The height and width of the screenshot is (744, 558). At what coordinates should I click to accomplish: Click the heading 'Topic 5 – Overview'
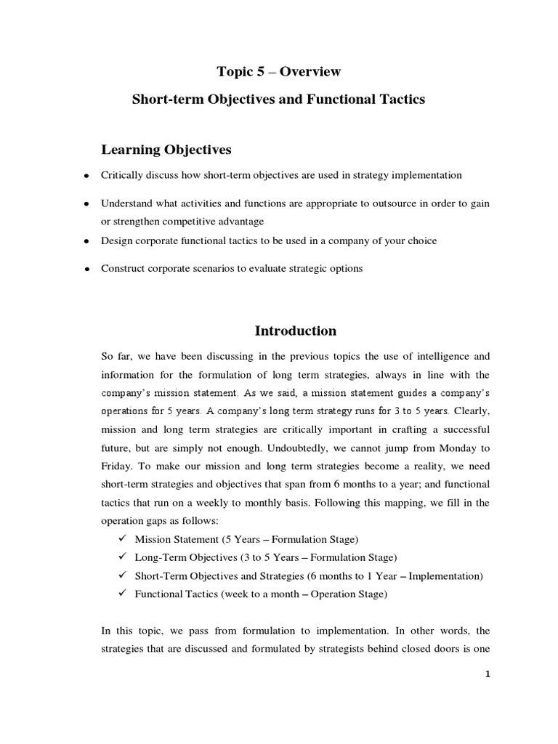279,72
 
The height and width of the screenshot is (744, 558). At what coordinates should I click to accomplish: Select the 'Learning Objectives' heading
166,150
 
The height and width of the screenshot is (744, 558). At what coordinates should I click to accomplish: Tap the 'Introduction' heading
295,331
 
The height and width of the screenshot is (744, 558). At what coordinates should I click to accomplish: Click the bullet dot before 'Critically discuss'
86,177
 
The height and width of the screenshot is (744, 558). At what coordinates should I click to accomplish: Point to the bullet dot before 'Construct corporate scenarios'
86,269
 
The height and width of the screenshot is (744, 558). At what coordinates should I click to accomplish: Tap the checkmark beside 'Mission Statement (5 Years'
121,539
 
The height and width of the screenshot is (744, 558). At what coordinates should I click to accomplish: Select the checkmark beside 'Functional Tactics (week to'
121,594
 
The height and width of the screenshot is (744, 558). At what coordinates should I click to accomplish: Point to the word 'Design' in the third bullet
116,240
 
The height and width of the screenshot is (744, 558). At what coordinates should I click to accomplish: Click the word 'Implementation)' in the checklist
445,575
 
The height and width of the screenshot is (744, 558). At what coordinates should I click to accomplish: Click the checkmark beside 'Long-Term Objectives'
121,557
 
